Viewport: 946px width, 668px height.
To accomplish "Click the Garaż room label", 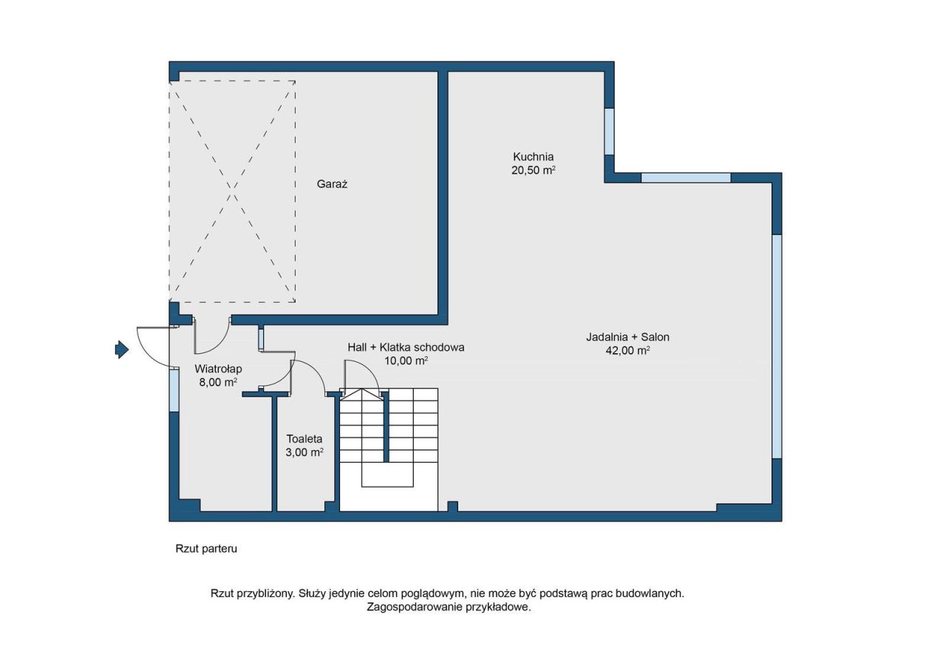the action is (332, 184).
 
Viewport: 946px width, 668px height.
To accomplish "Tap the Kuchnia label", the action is (533, 157).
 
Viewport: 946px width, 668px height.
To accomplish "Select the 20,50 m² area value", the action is (533, 171).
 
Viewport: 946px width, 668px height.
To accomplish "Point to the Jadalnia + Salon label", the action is (627, 337).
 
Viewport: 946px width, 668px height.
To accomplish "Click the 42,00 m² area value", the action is (627, 350).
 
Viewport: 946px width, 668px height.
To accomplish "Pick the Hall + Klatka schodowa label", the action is (406, 347).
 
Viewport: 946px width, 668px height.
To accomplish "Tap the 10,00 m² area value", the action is (406, 361).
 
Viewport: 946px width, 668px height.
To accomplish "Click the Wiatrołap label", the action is (218, 369).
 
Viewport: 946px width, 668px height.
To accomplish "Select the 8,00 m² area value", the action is (218, 383).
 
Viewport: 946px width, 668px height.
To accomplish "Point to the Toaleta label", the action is (304, 439).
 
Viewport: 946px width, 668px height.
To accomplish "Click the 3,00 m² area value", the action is (304, 453).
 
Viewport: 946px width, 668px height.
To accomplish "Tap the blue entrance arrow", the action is (122, 350).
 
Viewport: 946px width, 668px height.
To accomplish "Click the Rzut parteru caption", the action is (206, 549).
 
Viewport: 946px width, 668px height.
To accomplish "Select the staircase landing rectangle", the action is (387, 474).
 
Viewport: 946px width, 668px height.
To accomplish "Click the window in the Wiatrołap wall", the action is (174, 390).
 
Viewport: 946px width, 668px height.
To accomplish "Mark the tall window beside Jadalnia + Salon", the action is (777, 347).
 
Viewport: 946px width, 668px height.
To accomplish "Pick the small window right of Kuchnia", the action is (609, 132).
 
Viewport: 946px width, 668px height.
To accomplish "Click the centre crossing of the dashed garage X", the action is (232, 191).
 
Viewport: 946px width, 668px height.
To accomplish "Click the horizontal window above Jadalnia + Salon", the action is (686, 178).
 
